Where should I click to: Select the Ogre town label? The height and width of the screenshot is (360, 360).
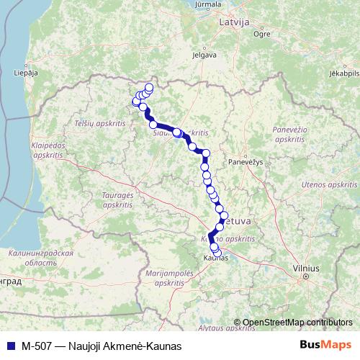coord(262,33)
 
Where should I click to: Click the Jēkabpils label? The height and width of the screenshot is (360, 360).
coord(343,73)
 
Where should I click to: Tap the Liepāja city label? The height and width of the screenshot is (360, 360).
coord(25,72)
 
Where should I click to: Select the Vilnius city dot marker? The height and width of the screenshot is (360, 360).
coord(306,275)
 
